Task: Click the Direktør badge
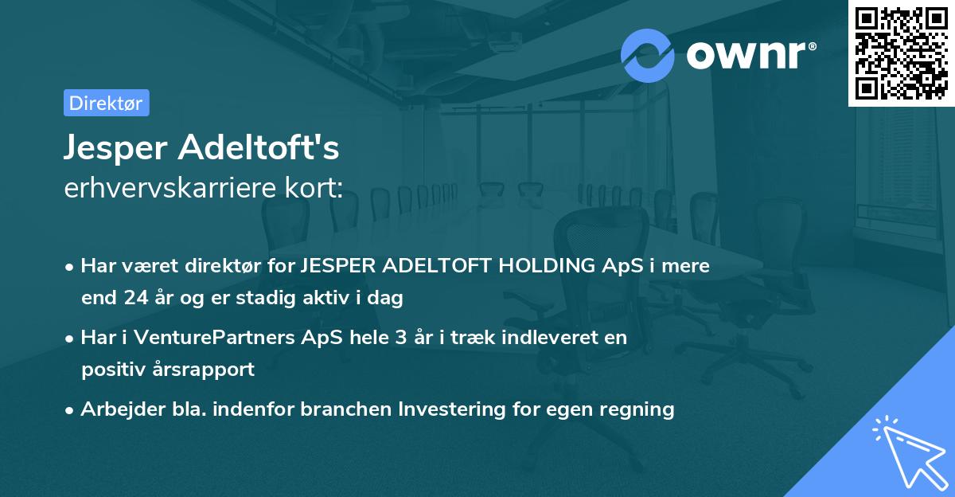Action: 105,103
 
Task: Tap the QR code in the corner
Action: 901,53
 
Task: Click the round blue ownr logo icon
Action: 648,54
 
